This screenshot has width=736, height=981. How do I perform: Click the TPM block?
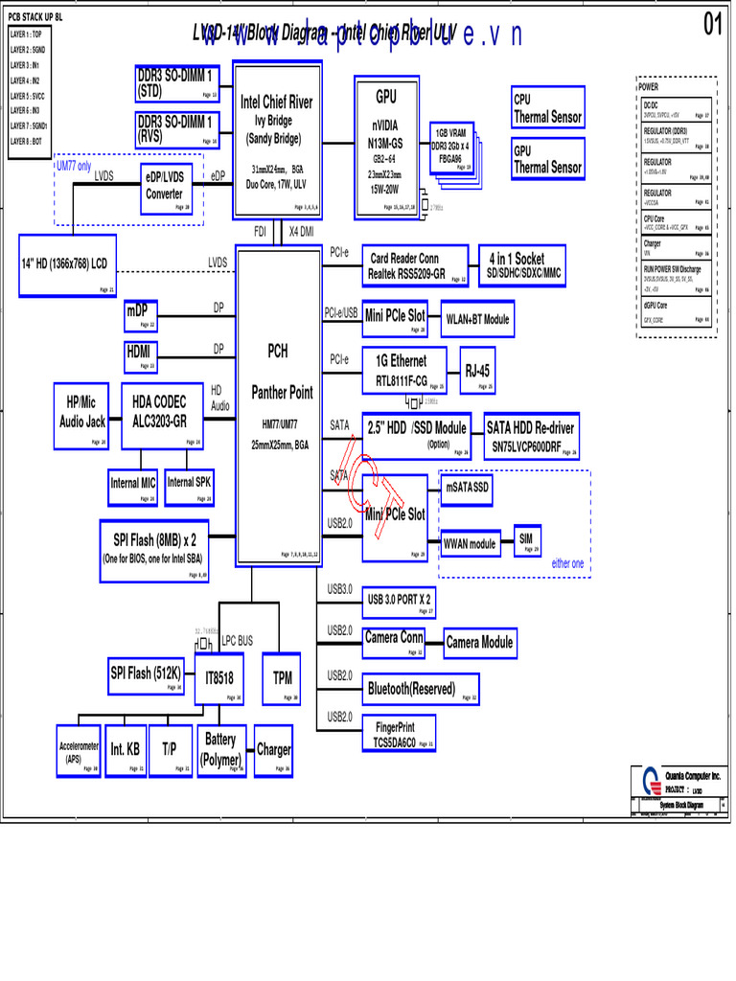(282, 679)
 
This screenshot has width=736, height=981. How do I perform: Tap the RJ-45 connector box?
(479, 372)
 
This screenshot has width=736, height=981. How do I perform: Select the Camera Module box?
(479, 642)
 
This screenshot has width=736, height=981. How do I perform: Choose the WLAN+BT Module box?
(475, 319)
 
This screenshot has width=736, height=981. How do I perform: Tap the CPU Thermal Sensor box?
(547, 109)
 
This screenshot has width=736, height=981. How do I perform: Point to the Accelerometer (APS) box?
(79, 752)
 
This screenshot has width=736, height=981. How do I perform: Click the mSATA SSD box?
(468, 489)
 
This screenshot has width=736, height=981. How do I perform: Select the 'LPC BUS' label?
(238, 640)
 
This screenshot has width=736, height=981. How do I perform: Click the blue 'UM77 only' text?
(74, 166)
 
